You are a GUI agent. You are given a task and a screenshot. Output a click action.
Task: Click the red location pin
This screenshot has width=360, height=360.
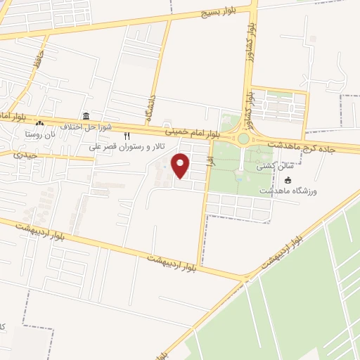181,165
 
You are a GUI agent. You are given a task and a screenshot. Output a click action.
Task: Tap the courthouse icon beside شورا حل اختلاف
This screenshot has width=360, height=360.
86,116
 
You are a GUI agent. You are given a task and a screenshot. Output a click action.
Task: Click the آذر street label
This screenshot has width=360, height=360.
209,161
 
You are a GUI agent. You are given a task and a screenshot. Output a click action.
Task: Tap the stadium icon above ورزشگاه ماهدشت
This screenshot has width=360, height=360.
287,180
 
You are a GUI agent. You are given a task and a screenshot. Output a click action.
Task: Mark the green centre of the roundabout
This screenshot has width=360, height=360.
243,139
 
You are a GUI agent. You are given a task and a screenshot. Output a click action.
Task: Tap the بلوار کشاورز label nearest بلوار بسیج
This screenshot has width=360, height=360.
250,41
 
